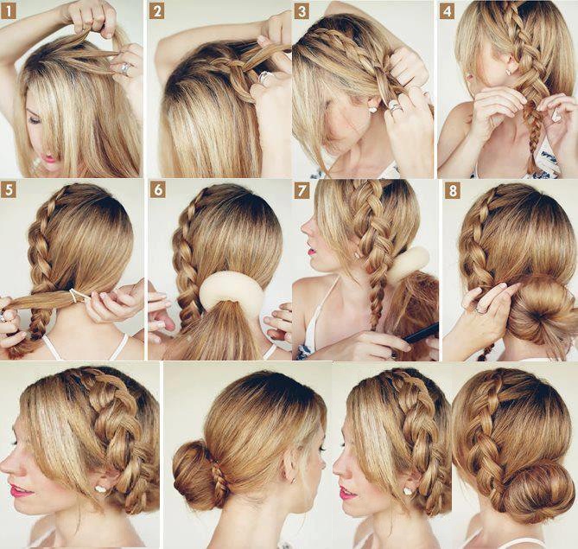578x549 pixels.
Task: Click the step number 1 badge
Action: click(8, 12)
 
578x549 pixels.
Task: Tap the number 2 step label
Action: click(156, 12)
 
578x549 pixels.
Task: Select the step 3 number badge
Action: click(302, 12)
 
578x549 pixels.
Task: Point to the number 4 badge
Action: click(447, 12)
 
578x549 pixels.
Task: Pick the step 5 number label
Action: click(8, 190)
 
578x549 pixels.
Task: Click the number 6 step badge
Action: click(158, 190)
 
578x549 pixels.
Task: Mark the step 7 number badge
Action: click(302, 191)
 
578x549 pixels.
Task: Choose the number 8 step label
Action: click(453, 191)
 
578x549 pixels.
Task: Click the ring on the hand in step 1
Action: click(125, 68)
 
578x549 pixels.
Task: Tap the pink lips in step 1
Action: click(50, 159)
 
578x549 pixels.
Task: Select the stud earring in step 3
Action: click(372, 110)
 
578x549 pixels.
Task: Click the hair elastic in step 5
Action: click(75, 297)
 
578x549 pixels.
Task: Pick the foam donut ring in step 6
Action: click(232, 294)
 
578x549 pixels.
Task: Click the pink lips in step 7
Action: click(312, 252)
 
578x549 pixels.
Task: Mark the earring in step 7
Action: click(357, 254)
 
